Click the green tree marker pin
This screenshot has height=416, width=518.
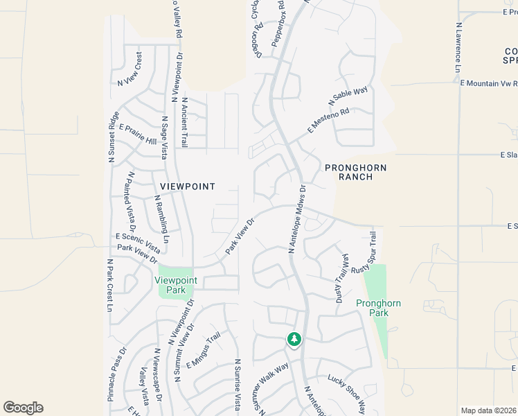tap(294, 339)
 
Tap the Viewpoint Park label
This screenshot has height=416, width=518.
tap(176, 285)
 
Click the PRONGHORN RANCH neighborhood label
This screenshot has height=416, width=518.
tap(355, 172)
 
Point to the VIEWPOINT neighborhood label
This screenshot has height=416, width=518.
tap(188, 187)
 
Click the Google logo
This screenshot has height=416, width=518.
tap(23, 408)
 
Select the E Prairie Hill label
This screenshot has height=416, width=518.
tap(138, 135)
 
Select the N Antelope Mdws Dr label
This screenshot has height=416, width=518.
tap(296, 218)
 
